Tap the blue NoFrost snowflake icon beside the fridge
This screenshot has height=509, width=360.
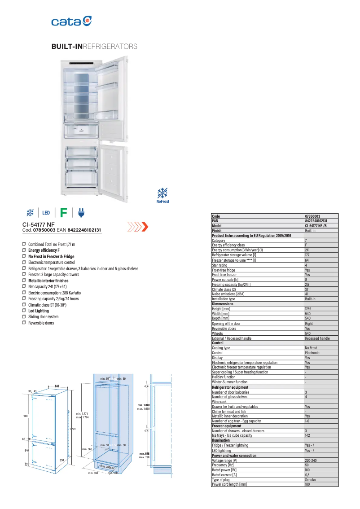(162, 194)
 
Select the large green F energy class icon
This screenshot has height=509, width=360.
(64, 213)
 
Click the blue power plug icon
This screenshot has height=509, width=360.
(81, 213)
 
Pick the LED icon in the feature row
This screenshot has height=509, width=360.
(46, 213)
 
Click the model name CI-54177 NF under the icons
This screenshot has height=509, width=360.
(39, 224)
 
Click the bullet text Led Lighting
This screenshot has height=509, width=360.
(38, 311)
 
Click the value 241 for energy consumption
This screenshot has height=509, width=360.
(307, 250)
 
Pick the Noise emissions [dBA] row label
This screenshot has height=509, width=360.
(228, 294)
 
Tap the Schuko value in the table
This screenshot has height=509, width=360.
(310, 480)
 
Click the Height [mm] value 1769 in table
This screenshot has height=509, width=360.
(308, 309)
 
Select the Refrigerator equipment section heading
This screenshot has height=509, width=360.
(230, 387)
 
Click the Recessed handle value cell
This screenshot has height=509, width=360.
(317, 338)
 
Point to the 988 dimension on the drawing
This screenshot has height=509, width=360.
(26, 416)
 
